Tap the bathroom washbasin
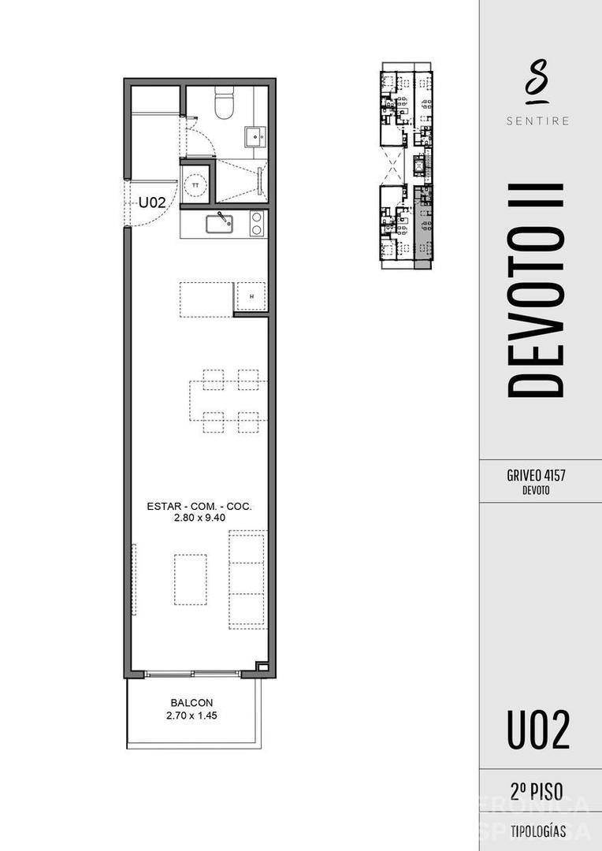click(255, 136)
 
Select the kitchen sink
click(220, 224)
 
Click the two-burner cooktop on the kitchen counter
click(256, 224)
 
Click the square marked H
click(251, 296)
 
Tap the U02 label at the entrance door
click(152, 203)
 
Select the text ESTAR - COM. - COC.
click(199, 507)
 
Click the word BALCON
click(191, 703)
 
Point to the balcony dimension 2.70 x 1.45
click(191, 715)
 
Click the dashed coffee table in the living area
click(191, 579)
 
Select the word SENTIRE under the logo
click(539, 121)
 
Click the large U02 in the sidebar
click(539, 730)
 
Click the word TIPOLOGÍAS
click(539, 831)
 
